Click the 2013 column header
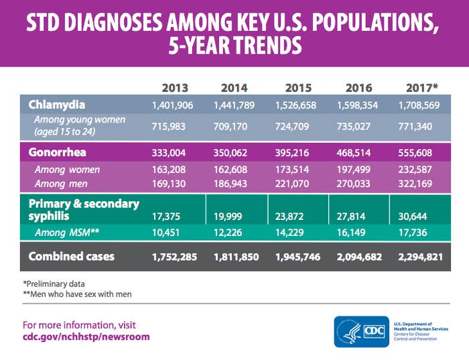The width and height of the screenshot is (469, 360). click(x=175, y=88)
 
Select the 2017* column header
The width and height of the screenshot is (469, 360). click(x=422, y=88)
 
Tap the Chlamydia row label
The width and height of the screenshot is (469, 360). click(x=56, y=105)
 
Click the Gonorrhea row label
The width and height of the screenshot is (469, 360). click(x=58, y=152)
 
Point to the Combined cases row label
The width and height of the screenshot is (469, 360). click(x=71, y=257)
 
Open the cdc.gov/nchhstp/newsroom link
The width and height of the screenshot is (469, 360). click(x=86, y=337)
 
